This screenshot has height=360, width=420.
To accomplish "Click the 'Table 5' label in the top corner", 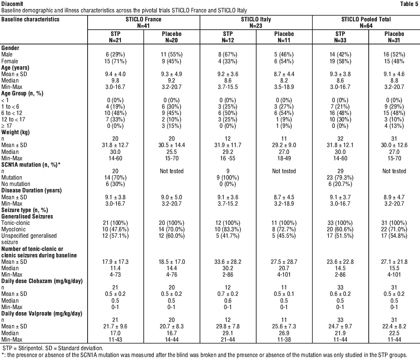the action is point(409,4).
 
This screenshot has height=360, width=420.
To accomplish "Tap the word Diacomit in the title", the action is point(12,4).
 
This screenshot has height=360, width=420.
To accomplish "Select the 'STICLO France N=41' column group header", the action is point(143,23).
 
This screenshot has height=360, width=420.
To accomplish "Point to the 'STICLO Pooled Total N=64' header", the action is point(366,23).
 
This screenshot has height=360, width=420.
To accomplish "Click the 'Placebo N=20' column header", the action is point(171,37).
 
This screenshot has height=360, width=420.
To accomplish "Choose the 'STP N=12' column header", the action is point(228,37).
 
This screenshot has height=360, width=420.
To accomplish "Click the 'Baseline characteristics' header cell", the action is point(30,19).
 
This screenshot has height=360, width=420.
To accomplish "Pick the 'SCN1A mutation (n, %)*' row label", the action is point(31,165).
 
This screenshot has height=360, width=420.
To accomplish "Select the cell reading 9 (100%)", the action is point(228,177).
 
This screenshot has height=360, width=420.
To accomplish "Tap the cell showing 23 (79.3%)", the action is point(340,177).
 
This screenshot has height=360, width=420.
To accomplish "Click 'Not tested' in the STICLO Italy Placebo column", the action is point(284,171).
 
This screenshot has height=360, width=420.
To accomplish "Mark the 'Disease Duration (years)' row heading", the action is point(32,190).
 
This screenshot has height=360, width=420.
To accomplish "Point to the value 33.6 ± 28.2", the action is point(228,262).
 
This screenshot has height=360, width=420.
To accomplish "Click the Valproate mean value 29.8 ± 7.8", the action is point(228,326).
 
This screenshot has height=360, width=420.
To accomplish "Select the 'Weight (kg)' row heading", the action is point(15,132).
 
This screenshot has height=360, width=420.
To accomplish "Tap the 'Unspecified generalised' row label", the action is point(29,236).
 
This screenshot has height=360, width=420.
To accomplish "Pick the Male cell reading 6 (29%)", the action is point(115,54).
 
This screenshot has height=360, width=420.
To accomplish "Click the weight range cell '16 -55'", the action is point(228,158).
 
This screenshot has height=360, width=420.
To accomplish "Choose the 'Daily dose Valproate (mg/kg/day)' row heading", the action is point(42,313).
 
